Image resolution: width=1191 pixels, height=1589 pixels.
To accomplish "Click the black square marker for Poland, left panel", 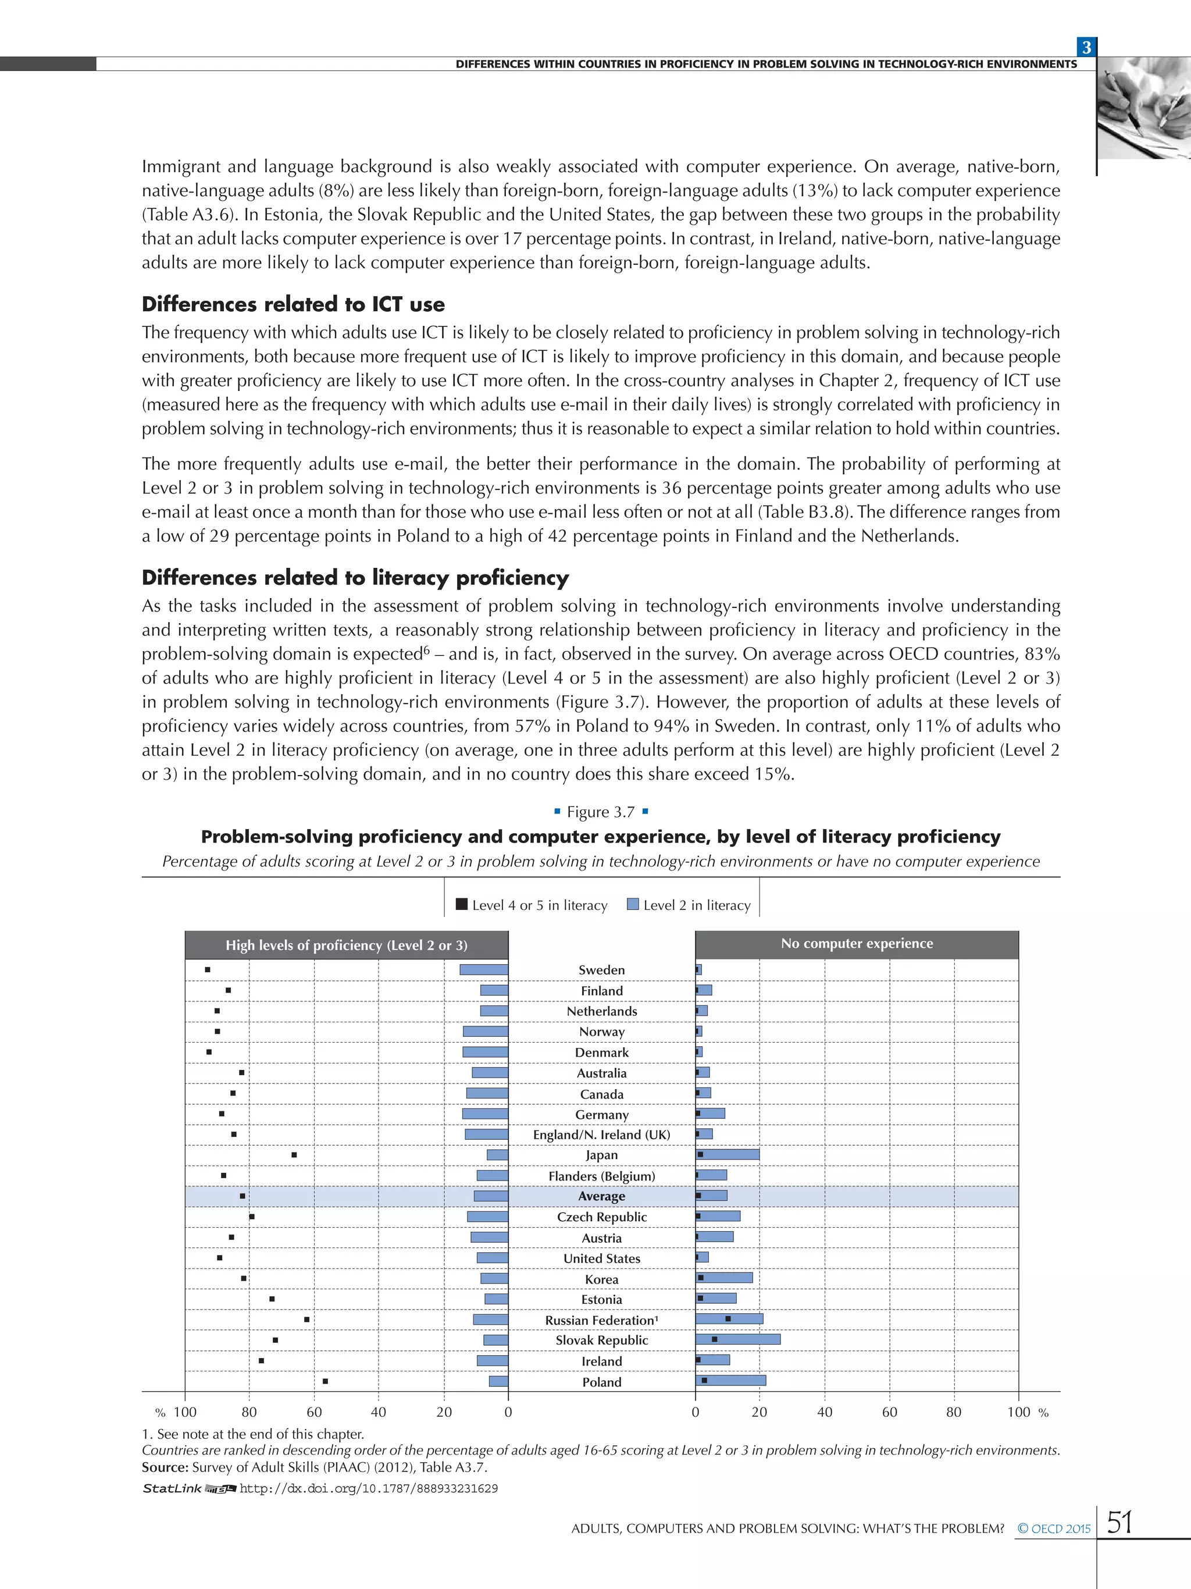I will point(325,1381).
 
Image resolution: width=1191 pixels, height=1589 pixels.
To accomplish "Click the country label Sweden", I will point(601,970).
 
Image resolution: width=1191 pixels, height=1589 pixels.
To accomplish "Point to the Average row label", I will point(601,1196).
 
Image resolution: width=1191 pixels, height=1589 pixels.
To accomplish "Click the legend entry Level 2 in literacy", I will point(689,905).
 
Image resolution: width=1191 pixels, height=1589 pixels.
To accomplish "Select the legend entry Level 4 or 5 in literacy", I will point(532,905).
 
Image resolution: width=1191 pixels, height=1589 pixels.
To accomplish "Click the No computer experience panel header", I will point(857,944).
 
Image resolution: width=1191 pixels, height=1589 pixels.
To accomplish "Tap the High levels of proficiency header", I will point(346,945).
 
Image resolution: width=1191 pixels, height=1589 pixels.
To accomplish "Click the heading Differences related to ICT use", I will point(293,304).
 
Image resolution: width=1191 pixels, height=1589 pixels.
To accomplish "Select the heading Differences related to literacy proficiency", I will point(355,578).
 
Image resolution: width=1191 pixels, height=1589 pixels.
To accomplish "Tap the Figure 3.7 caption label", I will point(601,812).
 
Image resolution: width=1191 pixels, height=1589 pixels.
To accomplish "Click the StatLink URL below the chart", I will point(368,1488).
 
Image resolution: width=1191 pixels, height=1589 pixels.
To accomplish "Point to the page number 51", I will point(1119,1522).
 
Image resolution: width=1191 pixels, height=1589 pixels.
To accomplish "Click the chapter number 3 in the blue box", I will point(1086,47).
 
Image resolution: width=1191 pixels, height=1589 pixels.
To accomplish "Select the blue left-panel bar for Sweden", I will point(484,970).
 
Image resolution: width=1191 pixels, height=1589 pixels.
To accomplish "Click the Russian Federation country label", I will point(601,1320).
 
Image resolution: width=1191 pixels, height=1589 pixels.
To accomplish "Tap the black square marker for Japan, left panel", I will point(294,1154).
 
